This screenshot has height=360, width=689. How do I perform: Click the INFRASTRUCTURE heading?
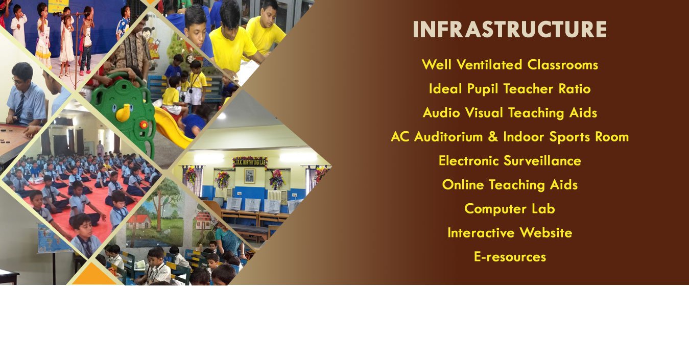click(x=510, y=29)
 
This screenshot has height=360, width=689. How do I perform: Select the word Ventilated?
click(x=491, y=65)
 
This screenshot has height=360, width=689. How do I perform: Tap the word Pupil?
click(x=482, y=89)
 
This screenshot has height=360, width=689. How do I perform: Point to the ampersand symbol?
click(x=493, y=137)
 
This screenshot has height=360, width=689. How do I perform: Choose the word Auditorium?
click(x=448, y=137)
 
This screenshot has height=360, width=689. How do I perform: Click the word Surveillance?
click(x=542, y=161)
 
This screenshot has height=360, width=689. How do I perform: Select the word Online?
click(x=463, y=185)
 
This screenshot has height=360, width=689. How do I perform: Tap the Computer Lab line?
click(x=510, y=209)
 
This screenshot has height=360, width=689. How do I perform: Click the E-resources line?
click(x=510, y=257)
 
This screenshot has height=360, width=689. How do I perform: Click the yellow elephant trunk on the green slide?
click(x=124, y=112)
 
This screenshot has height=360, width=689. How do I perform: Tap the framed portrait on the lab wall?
click(x=249, y=176)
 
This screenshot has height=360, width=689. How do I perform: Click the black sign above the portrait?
click(x=250, y=162)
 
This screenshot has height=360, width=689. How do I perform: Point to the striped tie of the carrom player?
click(x=20, y=107)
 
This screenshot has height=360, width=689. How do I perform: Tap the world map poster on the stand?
click(x=50, y=238)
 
